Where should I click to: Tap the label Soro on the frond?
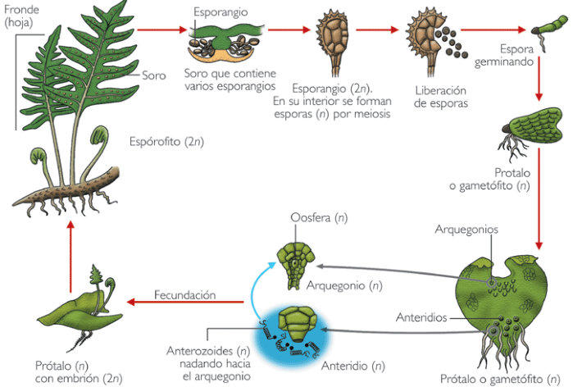[x=154, y=75]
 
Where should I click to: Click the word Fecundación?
[x=185, y=294]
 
